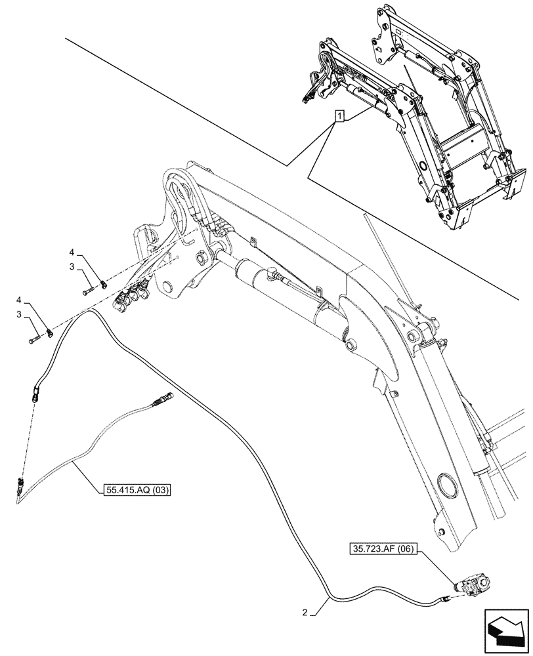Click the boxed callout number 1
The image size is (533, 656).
click(x=339, y=117)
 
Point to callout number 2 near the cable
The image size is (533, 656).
click(x=305, y=613)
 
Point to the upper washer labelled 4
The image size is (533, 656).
click(x=102, y=284)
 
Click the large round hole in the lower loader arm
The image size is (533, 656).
click(x=449, y=487)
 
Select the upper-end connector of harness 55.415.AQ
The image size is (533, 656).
click(x=163, y=398)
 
